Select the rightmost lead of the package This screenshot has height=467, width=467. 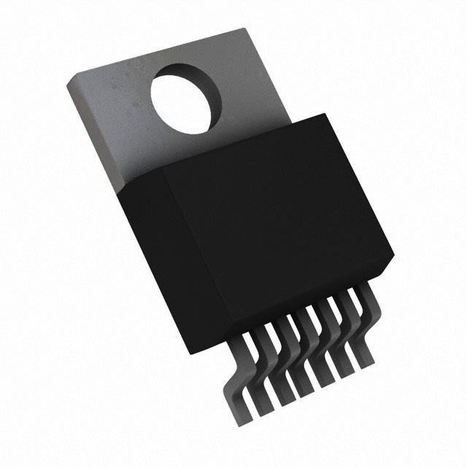pos(363,321)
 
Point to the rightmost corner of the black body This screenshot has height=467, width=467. pos(393,259)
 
